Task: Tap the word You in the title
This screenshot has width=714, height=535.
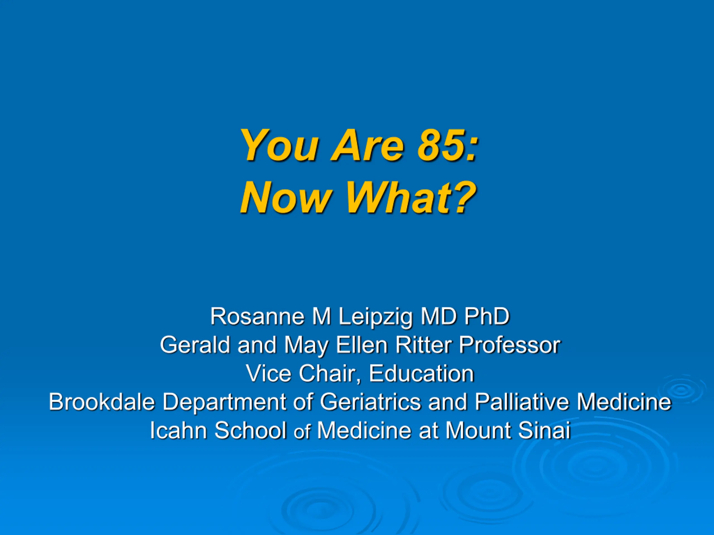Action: coord(279,145)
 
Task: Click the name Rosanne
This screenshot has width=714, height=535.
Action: coord(257,316)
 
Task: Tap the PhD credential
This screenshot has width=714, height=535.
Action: coord(487,316)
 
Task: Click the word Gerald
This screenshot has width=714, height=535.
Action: coord(195,345)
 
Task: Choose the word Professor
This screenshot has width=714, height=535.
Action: coord(509,345)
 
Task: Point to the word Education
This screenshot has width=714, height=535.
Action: coord(421,373)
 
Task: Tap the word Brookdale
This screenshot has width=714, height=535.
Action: coord(102,402)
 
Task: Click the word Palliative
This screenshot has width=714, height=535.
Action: coord(522,402)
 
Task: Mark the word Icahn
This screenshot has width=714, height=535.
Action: coord(178,430)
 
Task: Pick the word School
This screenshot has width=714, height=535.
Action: coord(250,430)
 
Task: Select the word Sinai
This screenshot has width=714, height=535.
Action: coord(544,430)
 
